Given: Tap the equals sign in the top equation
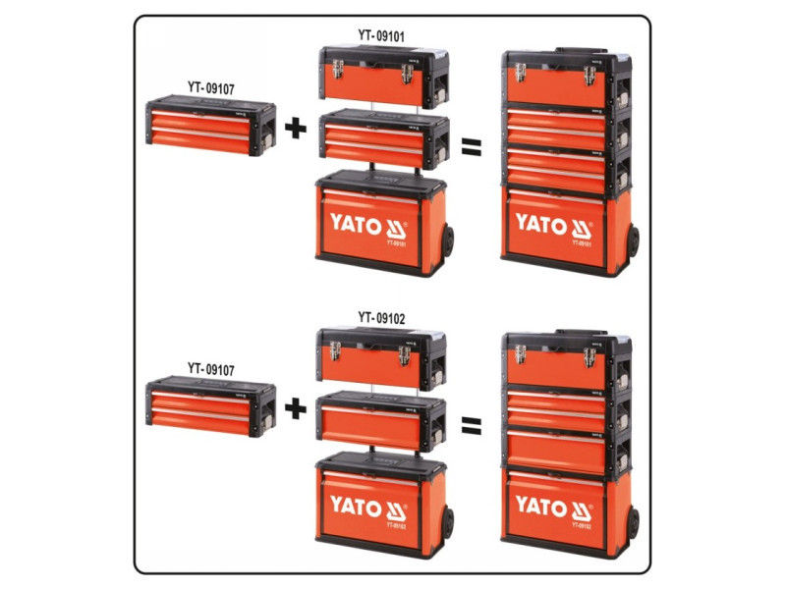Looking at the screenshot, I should (x=474, y=147).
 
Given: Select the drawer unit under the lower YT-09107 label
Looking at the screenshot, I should (x=210, y=407).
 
